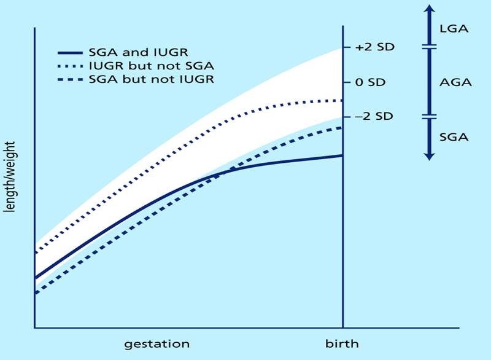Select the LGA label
tap(455, 28)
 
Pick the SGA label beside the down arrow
tap(455, 137)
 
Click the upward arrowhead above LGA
tap(429, 9)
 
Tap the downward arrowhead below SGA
tap(429, 156)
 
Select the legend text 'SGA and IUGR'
tap(138, 53)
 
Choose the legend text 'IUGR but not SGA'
tap(149, 66)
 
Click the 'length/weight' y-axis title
tap(10, 178)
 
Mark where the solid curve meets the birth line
tap(342, 155)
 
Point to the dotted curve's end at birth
tap(342, 100)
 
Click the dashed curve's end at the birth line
tap(342, 127)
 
